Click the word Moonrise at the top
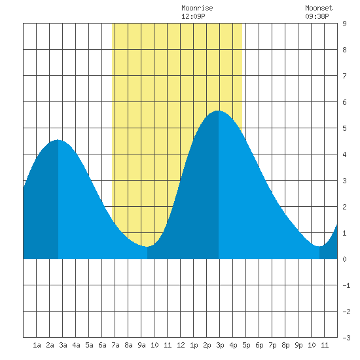point(197,8)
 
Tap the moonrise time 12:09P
point(193,16)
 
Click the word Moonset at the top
point(319,8)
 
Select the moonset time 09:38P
point(317,16)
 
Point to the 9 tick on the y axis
point(344,24)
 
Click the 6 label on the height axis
point(344,102)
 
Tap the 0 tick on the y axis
point(344,259)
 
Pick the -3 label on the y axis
point(346,338)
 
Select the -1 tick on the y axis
point(346,285)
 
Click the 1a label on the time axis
point(37,345)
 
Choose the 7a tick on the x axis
point(115,345)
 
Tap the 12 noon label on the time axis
point(181,345)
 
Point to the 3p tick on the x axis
point(220,345)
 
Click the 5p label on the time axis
point(246,345)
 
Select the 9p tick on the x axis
point(298,345)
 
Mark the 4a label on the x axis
point(76,345)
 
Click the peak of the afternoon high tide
point(219,111)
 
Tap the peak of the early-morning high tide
point(58,140)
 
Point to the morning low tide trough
point(147,246)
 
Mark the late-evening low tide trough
point(319,246)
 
